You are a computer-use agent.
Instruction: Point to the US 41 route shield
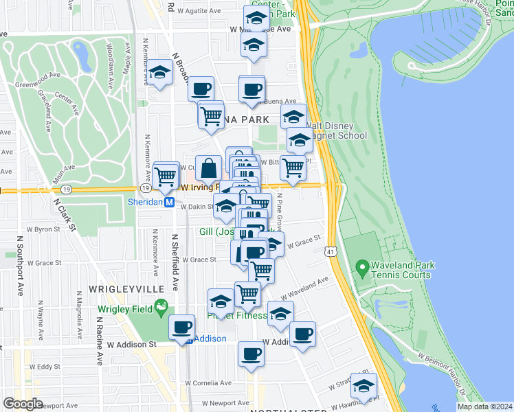click(x=332, y=253)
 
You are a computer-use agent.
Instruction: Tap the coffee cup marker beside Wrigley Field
click(x=183, y=328)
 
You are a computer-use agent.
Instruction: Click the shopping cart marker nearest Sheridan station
click(x=166, y=176)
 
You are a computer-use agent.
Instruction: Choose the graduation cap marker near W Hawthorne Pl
click(x=364, y=387)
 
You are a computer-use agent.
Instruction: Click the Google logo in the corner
click(x=23, y=404)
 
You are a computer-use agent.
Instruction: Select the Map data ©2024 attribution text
click(x=484, y=407)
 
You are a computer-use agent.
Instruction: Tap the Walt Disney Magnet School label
click(x=330, y=131)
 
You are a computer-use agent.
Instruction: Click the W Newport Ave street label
click(x=220, y=403)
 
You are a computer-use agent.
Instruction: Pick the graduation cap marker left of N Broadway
click(x=159, y=73)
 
